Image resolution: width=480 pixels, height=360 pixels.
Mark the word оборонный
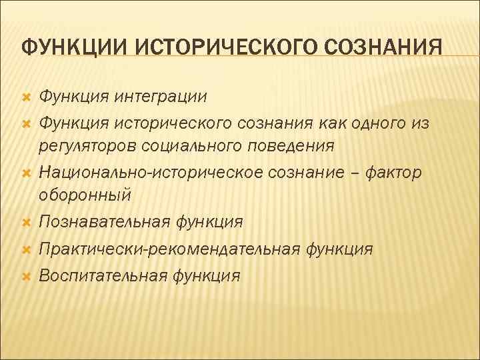point(85,196)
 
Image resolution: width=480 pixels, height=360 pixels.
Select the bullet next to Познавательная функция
point(26,221)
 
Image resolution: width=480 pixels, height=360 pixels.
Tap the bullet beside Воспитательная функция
point(26,275)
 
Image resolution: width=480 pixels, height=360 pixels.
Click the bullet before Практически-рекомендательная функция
point(26,250)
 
